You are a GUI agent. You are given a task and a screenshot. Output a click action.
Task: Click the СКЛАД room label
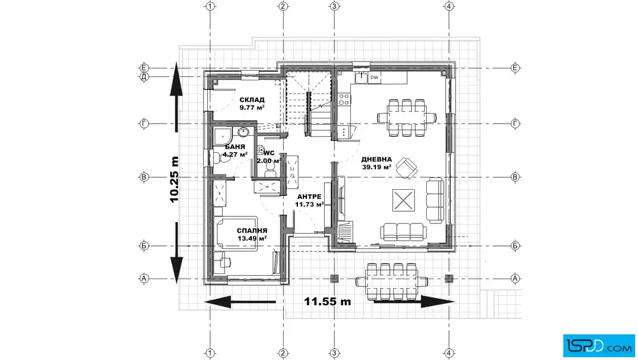252,100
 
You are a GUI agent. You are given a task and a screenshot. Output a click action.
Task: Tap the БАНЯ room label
235,146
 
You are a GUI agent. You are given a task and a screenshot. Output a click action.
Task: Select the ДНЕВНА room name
377,159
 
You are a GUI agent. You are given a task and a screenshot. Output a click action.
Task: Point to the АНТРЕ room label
309,197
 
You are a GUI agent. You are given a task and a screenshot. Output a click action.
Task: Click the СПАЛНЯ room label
252,231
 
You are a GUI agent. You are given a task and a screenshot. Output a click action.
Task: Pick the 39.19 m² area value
377,167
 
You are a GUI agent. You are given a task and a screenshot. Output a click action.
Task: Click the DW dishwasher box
374,77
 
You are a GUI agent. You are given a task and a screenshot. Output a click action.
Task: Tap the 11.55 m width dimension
328,301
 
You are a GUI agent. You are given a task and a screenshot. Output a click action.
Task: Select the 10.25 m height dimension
174,179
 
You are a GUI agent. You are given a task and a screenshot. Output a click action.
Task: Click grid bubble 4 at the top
449,6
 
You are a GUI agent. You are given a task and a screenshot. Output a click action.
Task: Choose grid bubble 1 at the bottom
210,353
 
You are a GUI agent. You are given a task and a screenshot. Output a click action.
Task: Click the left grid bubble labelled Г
144,123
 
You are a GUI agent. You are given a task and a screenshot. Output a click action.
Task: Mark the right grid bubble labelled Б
515,246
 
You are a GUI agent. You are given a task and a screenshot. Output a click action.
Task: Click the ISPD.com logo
599,345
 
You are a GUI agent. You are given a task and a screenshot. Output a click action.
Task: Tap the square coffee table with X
404,200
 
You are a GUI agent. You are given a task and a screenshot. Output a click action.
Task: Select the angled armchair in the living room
407,167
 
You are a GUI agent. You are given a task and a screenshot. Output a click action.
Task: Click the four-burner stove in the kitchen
344,99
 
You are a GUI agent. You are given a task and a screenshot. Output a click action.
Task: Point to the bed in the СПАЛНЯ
235,232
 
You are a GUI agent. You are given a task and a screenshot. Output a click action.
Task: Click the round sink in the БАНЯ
243,132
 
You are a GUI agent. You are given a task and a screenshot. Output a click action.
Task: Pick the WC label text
269,153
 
